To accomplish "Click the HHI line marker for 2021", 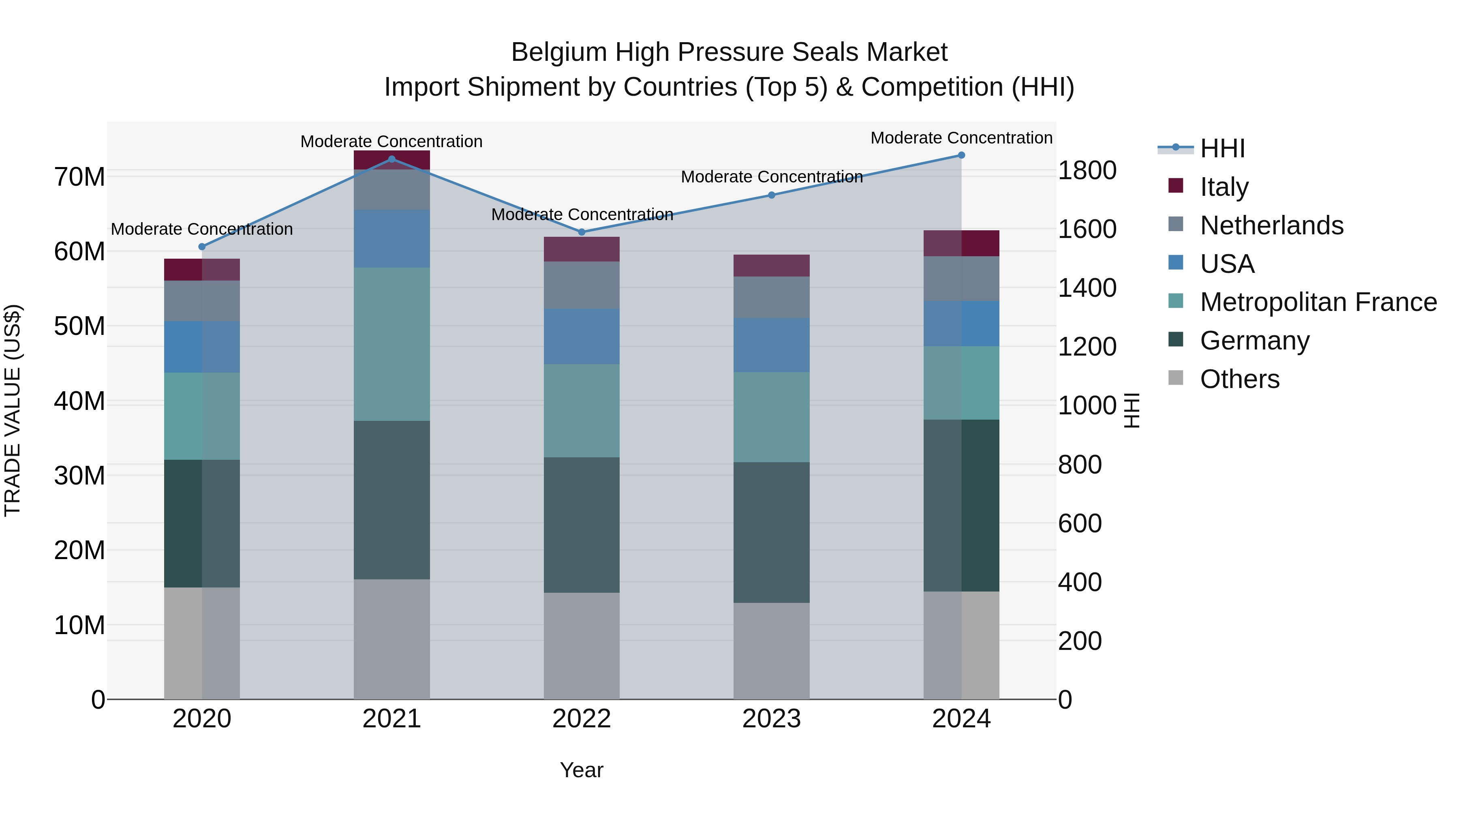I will [x=391, y=159].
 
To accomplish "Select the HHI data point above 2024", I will [x=961, y=155].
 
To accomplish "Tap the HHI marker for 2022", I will [x=582, y=232].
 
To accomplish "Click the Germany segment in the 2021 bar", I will [x=391, y=500].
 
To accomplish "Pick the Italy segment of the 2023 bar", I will [x=771, y=266].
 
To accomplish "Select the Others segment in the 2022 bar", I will [x=582, y=646].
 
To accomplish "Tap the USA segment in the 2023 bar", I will [x=771, y=345].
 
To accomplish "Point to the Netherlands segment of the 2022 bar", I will [x=582, y=285].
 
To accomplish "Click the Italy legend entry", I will [x=1224, y=187].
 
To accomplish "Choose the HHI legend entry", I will [x=1222, y=148].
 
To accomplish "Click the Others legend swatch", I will [x=1176, y=378].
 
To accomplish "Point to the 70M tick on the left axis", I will [x=79, y=177].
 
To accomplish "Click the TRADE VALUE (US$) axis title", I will [x=13, y=410].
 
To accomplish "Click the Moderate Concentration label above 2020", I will [x=202, y=229].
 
